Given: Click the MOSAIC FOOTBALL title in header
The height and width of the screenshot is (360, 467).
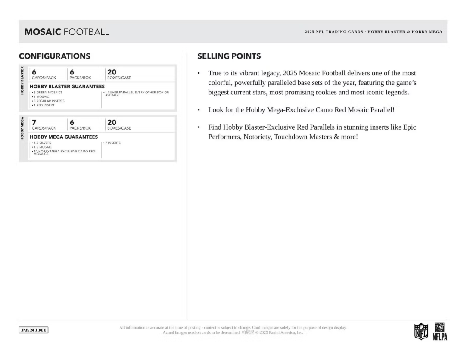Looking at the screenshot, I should [x=67, y=32].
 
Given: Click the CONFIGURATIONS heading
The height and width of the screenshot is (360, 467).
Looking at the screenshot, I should [x=55, y=56].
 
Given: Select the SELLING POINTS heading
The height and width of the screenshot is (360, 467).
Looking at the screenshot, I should [x=229, y=56].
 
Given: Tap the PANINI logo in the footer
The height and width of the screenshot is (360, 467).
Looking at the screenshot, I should [x=34, y=330].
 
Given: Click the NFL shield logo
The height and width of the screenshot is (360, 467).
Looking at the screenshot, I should [x=421, y=332].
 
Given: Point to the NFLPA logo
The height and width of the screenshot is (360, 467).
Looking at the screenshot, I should [x=439, y=331].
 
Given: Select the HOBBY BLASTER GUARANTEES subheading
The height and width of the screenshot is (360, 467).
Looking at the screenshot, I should [x=67, y=87].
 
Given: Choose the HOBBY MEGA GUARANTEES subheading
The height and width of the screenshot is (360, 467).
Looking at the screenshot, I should [x=64, y=137].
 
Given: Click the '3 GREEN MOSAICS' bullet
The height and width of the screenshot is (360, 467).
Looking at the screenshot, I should [x=47, y=93].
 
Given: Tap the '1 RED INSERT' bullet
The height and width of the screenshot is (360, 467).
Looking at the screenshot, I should [x=43, y=105].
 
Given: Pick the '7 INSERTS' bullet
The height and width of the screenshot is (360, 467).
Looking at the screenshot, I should [x=113, y=143].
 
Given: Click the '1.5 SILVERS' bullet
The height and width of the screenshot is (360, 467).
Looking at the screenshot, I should [x=42, y=143].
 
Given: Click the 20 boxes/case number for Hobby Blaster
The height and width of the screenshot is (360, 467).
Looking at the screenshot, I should [x=112, y=72].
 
